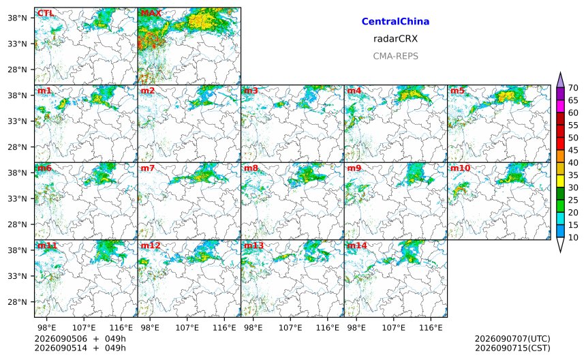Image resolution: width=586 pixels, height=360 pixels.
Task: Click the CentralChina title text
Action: pos(395,22)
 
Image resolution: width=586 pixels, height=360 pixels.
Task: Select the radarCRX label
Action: pos(395,39)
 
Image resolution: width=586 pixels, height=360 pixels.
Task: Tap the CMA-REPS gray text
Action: pos(395,56)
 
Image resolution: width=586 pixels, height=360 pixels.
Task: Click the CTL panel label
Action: pos(46,14)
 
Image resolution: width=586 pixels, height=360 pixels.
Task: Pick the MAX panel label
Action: pos(151,14)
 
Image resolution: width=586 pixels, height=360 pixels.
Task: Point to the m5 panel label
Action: pos(457,91)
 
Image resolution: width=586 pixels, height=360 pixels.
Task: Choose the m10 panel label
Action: pos(460,168)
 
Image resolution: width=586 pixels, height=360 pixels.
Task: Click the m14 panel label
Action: pos(357,245)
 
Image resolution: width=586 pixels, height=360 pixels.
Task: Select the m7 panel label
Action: pos(148,168)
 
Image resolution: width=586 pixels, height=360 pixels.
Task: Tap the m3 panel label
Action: pos(251,91)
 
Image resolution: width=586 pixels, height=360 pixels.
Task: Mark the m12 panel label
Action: pos(151,245)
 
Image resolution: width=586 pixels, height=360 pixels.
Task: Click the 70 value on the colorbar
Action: pos(573,88)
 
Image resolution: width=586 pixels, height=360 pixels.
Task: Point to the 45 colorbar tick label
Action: pos(573,150)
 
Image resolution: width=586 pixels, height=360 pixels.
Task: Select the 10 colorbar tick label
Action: pos(573,237)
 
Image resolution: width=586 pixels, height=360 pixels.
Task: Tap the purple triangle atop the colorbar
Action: pos(560,80)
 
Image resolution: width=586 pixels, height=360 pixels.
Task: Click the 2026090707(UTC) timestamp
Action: pos(512,339)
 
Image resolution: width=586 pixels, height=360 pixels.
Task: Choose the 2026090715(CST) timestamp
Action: pos(512,348)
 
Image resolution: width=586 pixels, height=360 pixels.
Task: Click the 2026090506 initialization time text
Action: pos(61,339)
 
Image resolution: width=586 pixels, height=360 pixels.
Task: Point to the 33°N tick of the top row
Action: pos(18,44)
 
